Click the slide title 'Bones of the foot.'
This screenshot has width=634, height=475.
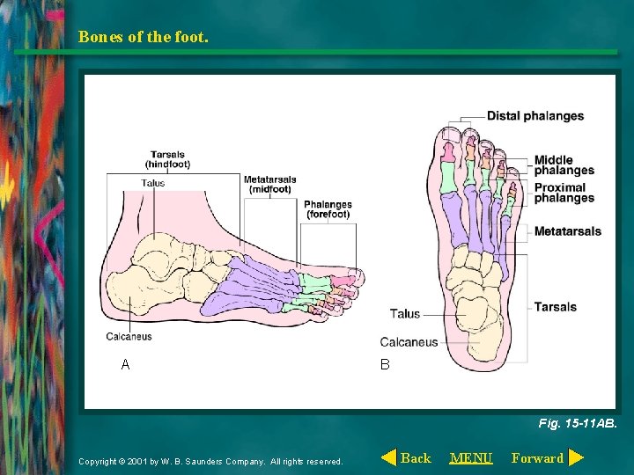point(144,37)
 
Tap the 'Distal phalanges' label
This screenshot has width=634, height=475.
point(534,116)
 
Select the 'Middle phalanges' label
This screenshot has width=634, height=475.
point(564,165)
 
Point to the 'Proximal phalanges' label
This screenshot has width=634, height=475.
point(564,193)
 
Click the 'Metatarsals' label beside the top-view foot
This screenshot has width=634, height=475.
point(567,231)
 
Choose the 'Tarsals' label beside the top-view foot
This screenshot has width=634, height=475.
point(555,307)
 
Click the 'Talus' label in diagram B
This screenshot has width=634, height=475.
point(405,314)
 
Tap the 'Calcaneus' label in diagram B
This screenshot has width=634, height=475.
point(409,342)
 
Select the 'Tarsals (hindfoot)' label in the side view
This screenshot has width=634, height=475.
point(167,159)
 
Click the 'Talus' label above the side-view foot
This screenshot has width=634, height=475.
point(153,183)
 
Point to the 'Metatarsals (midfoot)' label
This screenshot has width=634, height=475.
point(269,185)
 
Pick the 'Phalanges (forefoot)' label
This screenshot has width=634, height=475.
point(328,209)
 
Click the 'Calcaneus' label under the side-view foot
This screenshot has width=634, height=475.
point(129,336)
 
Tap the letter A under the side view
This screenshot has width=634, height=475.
point(125,364)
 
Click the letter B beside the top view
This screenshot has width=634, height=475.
point(385,364)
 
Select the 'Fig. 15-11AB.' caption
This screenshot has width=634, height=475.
point(578,423)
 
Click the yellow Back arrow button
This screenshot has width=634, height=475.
point(388,457)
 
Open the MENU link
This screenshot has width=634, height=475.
point(471,457)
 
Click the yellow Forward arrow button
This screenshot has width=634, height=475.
point(576,457)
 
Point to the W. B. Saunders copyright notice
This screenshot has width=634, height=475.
point(210,461)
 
